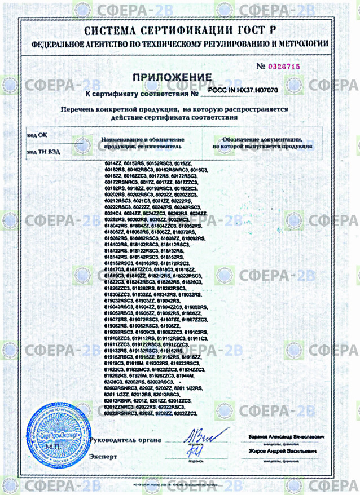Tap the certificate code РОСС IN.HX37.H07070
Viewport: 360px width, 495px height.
243,90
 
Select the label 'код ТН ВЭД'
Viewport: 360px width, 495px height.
43,152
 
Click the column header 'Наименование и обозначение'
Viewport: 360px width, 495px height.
143,139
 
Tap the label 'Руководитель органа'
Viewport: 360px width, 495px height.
125,440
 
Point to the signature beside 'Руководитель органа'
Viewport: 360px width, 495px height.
197,436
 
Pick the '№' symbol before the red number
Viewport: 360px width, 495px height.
260,67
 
